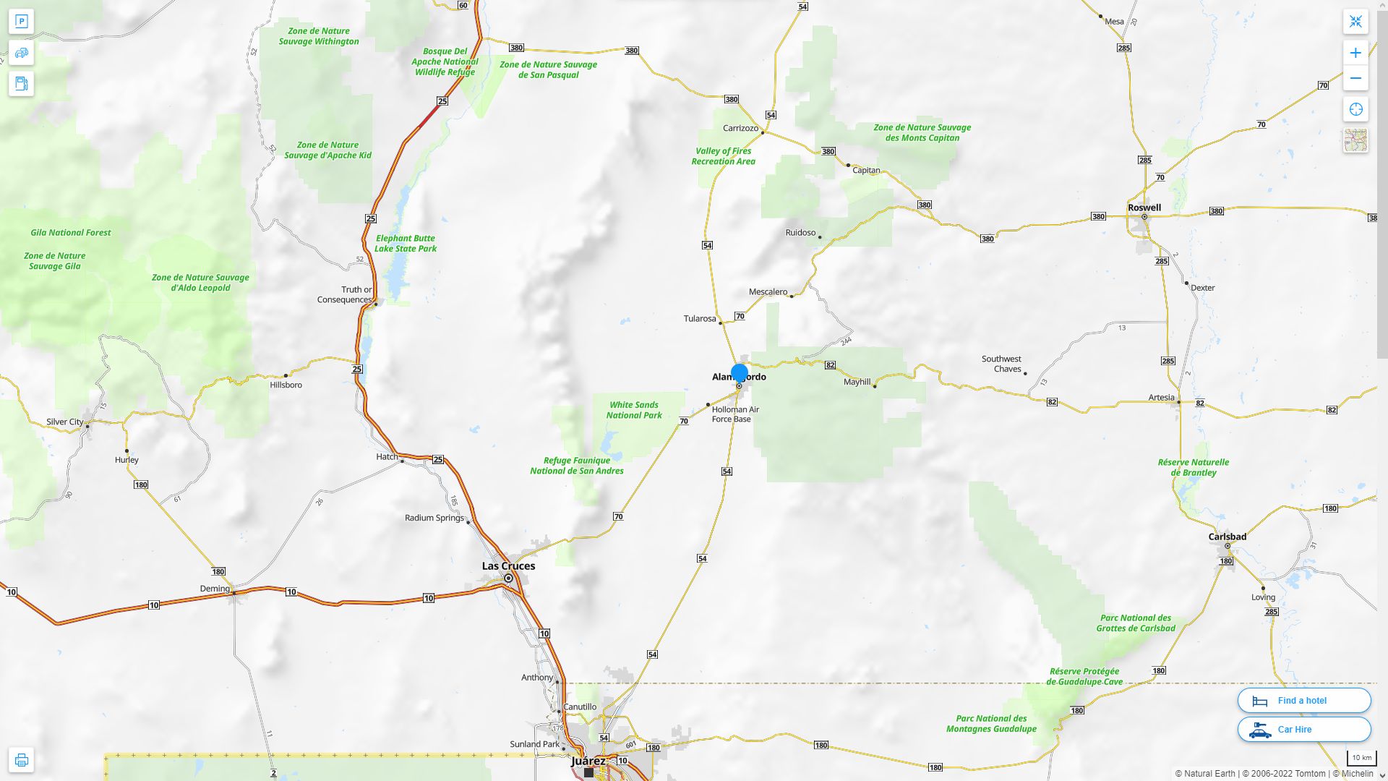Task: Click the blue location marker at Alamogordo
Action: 739,373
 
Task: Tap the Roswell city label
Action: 1144,208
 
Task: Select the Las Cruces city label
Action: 508,566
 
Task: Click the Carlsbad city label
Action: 1227,537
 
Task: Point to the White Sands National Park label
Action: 634,410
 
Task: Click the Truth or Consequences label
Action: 345,294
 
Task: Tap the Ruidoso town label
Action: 800,233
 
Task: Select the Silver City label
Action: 64,422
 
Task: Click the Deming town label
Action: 215,589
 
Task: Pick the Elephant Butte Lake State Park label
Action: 405,243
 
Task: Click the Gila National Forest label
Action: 71,233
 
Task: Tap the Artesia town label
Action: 1161,397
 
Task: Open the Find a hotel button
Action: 1303,700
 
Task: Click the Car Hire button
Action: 1303,729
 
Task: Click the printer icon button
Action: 22,760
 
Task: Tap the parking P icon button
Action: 22,22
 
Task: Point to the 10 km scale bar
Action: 1361,759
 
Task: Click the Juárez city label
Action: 588,761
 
